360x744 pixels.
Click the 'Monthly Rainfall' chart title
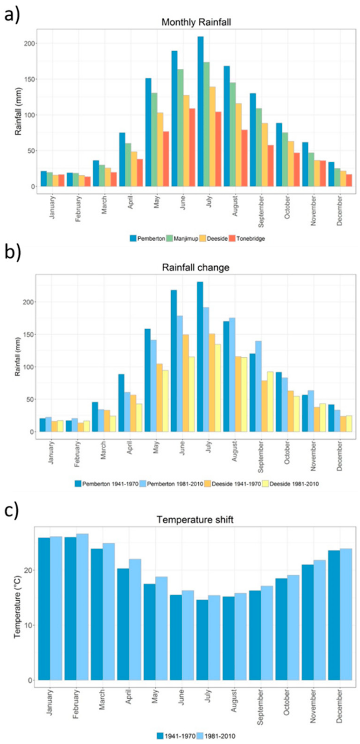196,22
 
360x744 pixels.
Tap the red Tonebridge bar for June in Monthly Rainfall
192,147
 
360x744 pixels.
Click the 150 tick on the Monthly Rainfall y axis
30,79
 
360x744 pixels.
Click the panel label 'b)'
12,252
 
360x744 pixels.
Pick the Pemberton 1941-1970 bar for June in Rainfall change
174,361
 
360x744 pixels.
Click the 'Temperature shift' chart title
195,520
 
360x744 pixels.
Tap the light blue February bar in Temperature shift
82,607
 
